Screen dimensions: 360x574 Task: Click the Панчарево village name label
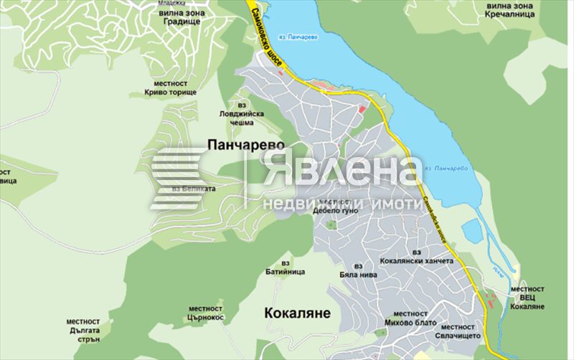click(245, 145)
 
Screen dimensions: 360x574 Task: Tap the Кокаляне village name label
click(297, 313)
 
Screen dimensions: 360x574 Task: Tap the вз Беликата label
click(194, 189)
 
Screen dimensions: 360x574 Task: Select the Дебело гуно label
click(334, 211)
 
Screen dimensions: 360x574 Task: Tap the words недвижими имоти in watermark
click(342, 204)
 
